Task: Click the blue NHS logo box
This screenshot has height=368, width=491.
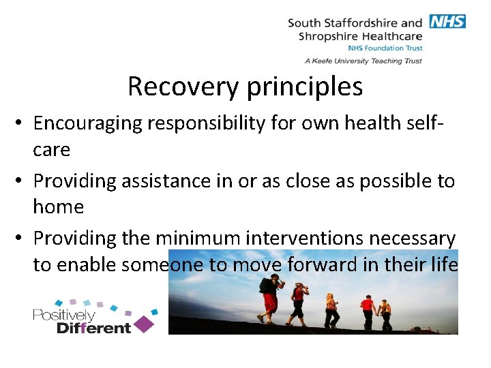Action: click(447, 21)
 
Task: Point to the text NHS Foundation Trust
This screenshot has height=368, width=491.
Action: click(385, 48)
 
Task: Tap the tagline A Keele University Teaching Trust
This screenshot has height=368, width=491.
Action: click(363, 61)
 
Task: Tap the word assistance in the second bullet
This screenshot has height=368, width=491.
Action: click(173, 181)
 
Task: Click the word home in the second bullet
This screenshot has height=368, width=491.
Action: click(59, 206)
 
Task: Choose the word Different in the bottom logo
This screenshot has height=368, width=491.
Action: click(93, 328)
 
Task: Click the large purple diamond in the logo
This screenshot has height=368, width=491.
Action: click(143, 324)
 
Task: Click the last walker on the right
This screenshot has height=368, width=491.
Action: click(386, 311)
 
